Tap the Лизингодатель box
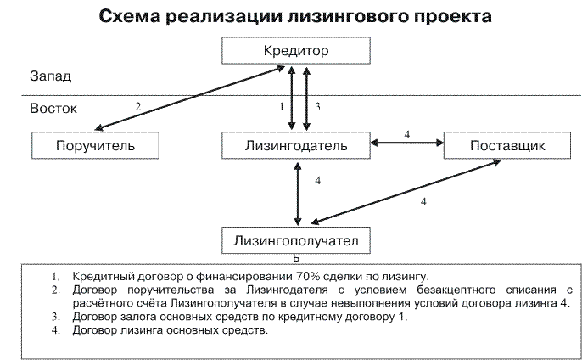click(x=296, y=145)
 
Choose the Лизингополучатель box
click(x=296, y=241)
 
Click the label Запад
click(x=51, y=76)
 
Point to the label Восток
click(x=53, y=109)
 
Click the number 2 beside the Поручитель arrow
click(x=138, y=106)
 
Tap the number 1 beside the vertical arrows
click(x=281, y=107)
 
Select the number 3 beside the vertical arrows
click(x=316, y=107)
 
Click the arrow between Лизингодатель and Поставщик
click(x=406, y=145)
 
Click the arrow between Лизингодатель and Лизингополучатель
click(x=297, y=192)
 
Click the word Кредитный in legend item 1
click(x=101, y=277)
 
